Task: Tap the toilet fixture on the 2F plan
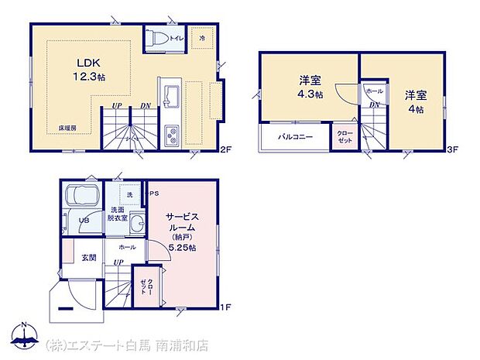pos(156,39)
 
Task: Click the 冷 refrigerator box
pos(202,38)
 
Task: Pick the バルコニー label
pos(297,137)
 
